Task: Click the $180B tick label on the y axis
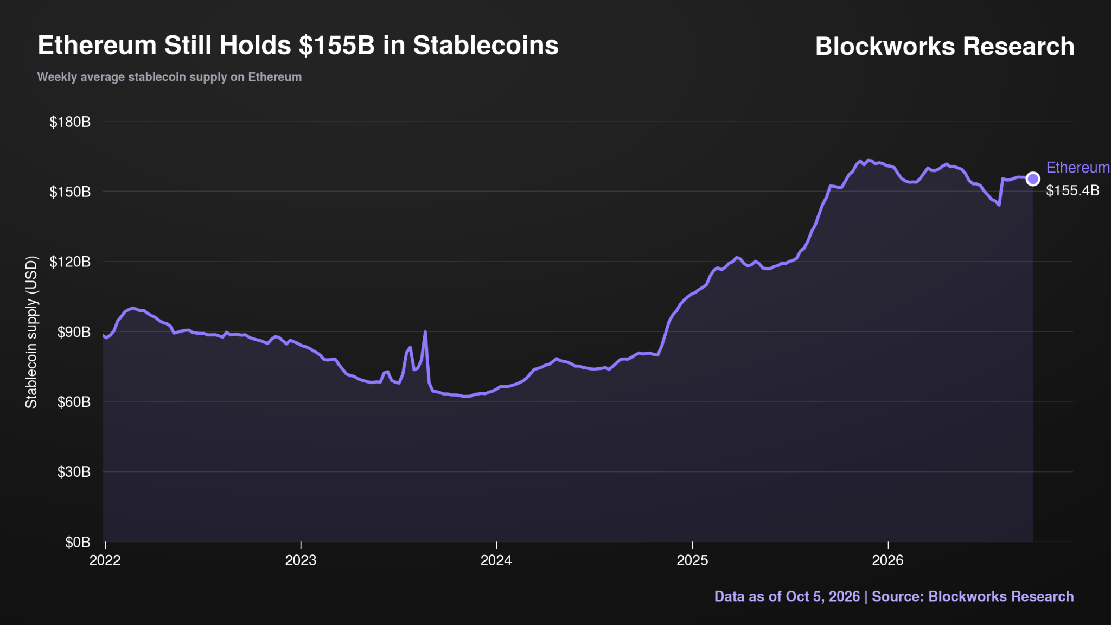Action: coord(70,122)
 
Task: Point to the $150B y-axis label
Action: coord(70,192)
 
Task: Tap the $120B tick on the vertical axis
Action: coord(70,262)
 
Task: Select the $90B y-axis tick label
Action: coord(74,332)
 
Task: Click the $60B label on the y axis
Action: coord(74,402)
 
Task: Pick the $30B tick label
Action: coord(74,472)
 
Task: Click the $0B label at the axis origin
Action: coord(78,542)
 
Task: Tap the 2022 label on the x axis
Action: coord(105,560)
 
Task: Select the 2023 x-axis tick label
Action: coord(301,560)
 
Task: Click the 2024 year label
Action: coord(496,560)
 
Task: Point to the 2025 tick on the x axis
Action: coord(693,560)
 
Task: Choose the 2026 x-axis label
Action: coord(888,560)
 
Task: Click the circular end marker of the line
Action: coord(1033,178)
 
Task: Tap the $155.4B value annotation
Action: coord(1073,190)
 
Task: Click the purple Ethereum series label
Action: coord(1078,168)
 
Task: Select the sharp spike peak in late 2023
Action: coord(425,331)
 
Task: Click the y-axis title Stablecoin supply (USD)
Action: coord(31,332)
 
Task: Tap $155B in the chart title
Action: coord(337,46)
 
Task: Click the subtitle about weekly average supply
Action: coord(169,77)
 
